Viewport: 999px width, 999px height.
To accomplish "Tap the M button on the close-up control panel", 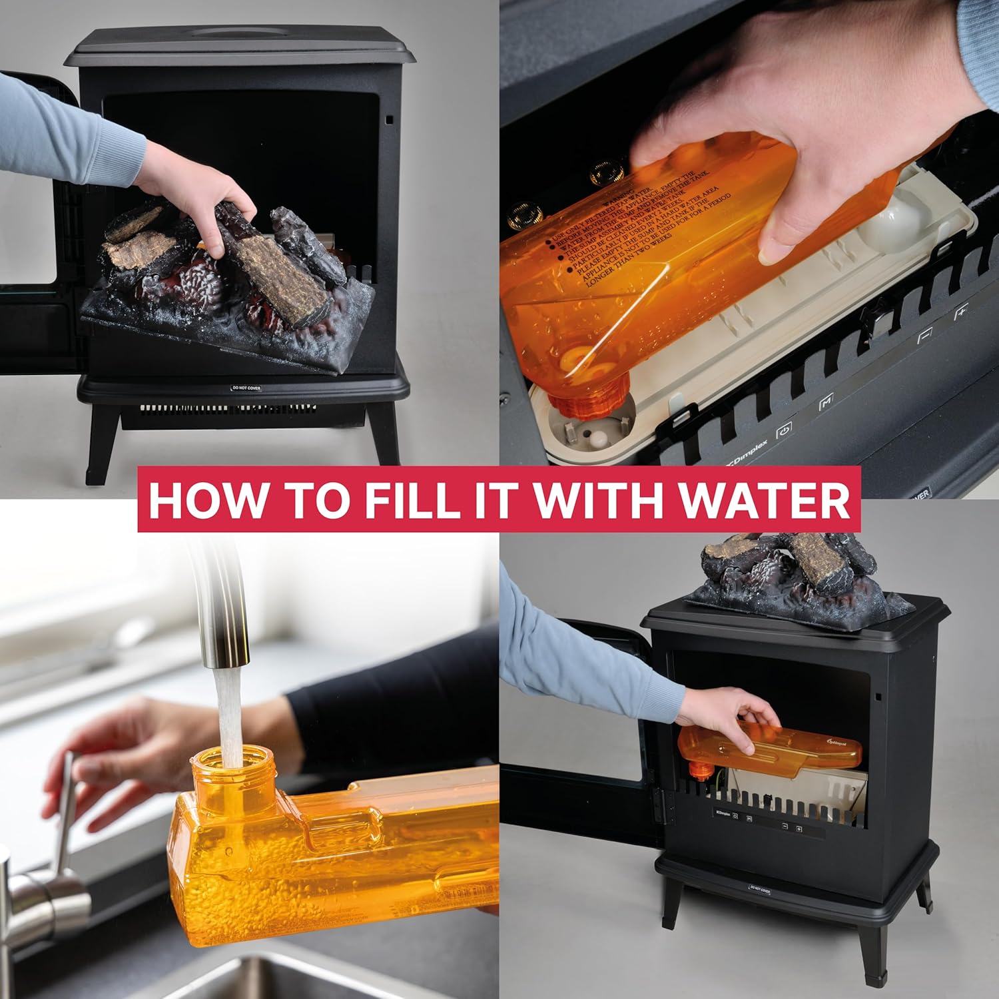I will (826, 402).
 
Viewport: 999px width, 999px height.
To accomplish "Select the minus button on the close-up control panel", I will (924, 336).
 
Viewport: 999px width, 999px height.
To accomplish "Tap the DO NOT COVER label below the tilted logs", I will (244, 387).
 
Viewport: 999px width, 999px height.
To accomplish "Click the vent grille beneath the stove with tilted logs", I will (226, 408).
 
